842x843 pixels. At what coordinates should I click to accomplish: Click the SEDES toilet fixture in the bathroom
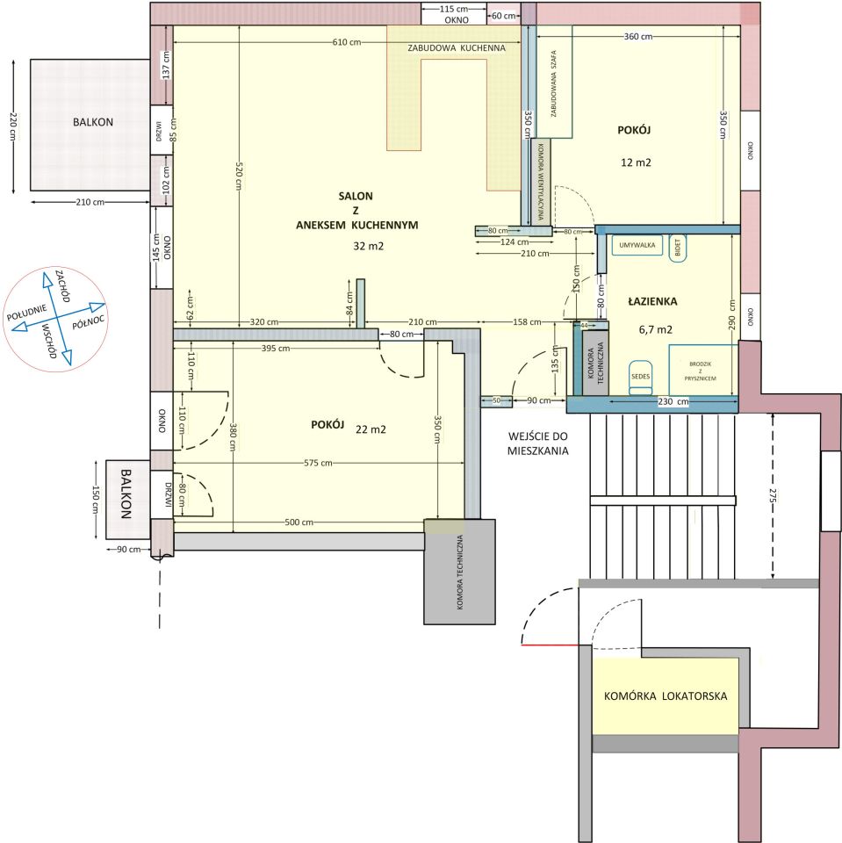640,377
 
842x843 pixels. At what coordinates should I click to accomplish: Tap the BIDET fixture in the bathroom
678,248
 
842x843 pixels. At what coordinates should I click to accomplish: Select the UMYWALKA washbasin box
637,245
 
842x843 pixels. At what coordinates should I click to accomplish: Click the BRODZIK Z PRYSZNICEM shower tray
701,371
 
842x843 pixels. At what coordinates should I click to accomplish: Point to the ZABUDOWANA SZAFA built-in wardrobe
553,82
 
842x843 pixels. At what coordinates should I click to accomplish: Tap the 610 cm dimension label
347,42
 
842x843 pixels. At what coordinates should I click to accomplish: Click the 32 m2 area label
368,246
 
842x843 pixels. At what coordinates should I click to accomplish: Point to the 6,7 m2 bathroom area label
656,329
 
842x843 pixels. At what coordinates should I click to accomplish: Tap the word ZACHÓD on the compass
63,285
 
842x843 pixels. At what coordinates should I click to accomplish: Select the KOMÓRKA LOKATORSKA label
666,696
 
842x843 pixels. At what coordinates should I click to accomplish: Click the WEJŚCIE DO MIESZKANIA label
537,443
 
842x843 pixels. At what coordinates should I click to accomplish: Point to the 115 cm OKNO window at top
453,14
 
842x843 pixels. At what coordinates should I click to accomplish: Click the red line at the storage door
550,645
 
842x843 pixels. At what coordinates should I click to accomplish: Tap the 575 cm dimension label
318,463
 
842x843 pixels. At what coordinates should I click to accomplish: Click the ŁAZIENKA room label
652,301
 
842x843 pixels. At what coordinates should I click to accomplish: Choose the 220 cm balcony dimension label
13,126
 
